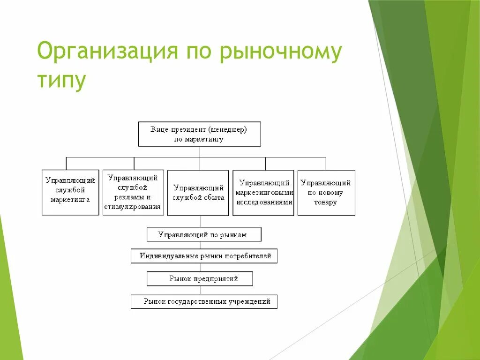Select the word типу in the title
61,81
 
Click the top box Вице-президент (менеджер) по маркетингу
199,134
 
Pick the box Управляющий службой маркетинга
70,192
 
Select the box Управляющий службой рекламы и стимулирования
134,192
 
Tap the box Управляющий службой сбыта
198,193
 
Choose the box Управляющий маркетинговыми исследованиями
263,193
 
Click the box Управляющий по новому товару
326,193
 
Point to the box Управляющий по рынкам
204,234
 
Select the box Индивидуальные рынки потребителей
204,256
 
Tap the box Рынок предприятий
200,278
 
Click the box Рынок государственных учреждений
204,301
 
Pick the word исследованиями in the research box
264,202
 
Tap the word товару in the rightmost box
326,202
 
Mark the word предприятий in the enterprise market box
217,278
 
